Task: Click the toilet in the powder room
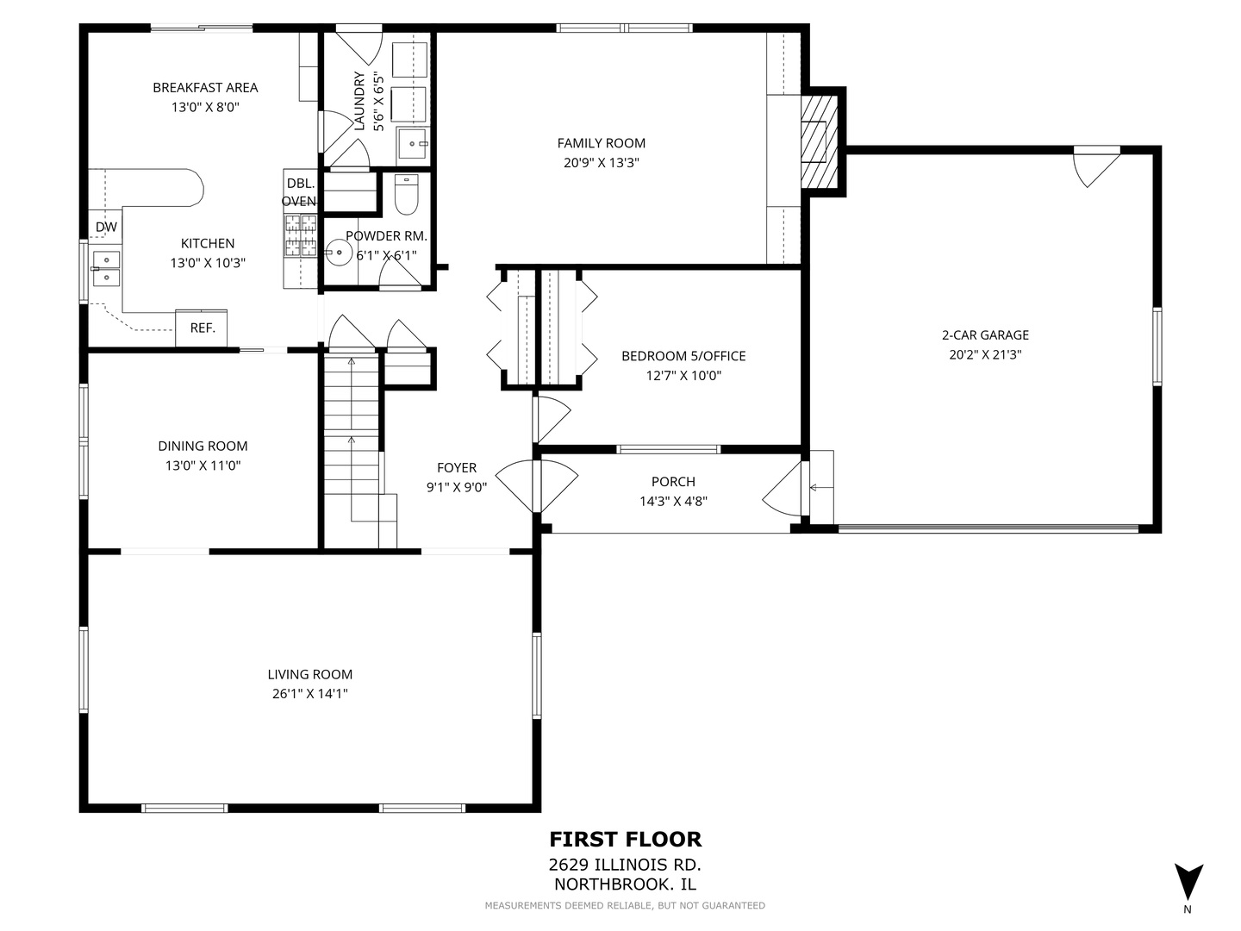pos(406,195)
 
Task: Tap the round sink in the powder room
pos(340,253)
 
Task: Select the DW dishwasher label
pos(106,228)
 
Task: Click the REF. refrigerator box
pos(202,328)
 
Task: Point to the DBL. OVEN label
pos(299,192)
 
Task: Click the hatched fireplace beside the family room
pos(819,141)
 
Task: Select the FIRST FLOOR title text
pos(626,840)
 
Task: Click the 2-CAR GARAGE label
pos(985,335)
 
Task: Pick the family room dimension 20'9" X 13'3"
pos(601,163)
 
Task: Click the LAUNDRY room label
pos(359,101)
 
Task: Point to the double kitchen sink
pos(106,268)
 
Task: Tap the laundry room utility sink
pos(412,144)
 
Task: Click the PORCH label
pos(673,482)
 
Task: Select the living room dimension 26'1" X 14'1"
pos(310,694)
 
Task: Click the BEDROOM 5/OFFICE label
pos(683,356)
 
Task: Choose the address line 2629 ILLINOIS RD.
pos(625,865)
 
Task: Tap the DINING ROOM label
pos(203,446)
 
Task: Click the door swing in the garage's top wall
pos(1096,166)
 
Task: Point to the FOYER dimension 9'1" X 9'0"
pos(456,487)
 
